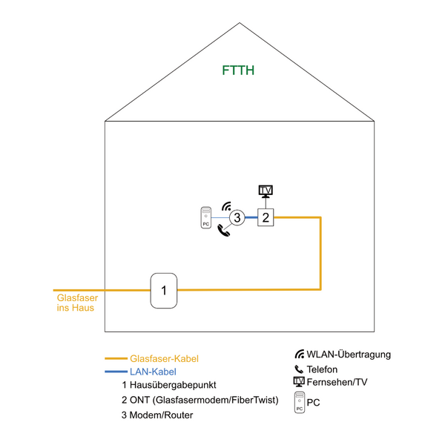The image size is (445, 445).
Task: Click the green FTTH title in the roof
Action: [238, 70]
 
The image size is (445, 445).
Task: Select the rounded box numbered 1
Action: [164, 291]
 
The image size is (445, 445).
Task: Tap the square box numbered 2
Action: [266, 217]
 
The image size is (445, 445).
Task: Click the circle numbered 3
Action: [237, 217]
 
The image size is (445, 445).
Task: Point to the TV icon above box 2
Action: [266, 191]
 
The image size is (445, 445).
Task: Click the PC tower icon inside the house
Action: [205, 217]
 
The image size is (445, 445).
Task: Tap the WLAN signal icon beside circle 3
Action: [226, 206]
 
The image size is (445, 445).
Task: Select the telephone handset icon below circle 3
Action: [224, 230]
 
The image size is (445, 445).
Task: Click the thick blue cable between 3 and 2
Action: [251, 217]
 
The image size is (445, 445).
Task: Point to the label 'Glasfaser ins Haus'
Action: [77, 303]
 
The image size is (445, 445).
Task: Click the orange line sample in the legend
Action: [116, 358]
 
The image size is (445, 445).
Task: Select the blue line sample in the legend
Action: [116, 372]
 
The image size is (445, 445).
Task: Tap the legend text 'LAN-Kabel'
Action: [153, 372]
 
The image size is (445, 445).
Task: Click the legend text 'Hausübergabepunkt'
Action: [173, 385]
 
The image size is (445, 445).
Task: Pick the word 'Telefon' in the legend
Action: [322, 369]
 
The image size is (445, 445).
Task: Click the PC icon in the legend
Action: [300, 402]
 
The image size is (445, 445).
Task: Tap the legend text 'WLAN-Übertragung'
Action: [349, 355]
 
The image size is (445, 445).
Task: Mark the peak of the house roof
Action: [240, 23]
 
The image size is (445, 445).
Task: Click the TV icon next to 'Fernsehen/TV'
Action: [299, 382]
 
